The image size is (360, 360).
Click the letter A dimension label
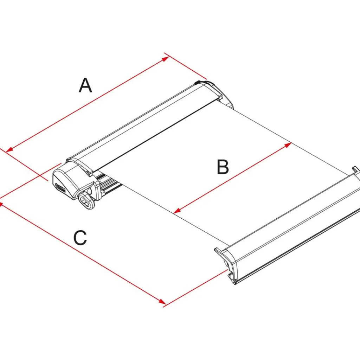pyautogui.click(x=85, y=85)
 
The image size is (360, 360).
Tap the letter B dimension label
pyautogui.click(x=223, y=167)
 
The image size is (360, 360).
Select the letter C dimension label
pyautogui.click(x=80, y=238)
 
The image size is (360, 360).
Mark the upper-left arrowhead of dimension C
pyautogui.click(x=1, y=203)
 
